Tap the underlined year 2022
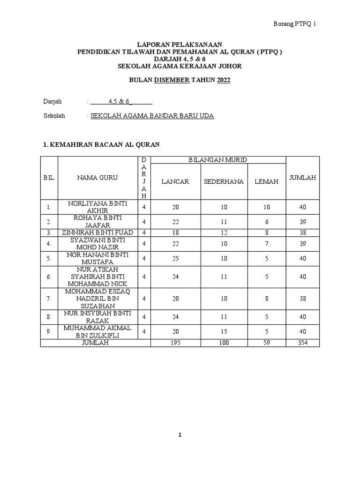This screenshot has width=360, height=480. click(x=224, y=80)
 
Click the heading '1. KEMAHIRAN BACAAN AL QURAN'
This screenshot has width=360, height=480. click(x=101, y=145)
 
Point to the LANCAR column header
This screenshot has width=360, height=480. click(x=175, y=181)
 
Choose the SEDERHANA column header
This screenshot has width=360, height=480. click(x=224, y=181)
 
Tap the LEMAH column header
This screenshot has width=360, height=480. click(x=266, y=181)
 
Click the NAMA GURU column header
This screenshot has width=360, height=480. click(x=97, y=178)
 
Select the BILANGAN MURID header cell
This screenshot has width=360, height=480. click(x=218, y=160)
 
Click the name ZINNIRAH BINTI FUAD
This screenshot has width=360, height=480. click(x=97, y=232)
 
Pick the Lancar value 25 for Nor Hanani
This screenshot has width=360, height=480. click(x=175, y=258)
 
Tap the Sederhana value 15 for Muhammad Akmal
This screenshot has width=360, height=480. click(x=224, y=331)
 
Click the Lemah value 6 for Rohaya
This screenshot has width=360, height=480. click(x=266, y=221)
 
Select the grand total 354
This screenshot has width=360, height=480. click(x=302, y=343)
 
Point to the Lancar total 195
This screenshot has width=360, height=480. click(x=175, y=343)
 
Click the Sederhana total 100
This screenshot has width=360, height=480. click(x=224, y=343)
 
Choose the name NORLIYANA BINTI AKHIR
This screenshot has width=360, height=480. click(x=97, y=207)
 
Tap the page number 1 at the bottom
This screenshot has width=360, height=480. click(x=180, y=435)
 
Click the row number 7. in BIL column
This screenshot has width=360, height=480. click(x=49, y=299)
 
